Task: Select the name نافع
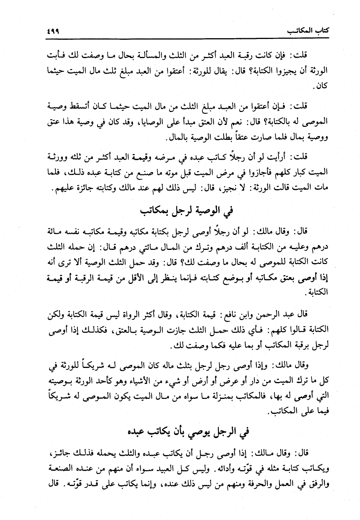click(x=235, y=314)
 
